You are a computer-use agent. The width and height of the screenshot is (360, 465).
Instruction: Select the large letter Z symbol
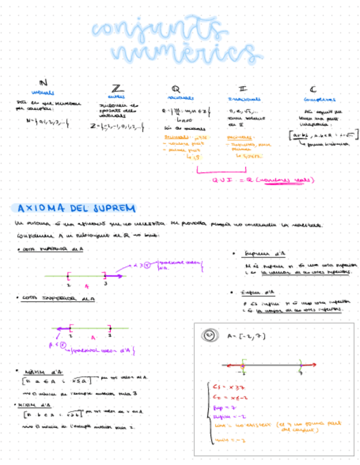[117, 88]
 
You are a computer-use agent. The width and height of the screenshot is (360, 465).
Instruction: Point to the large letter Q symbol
[176, 88]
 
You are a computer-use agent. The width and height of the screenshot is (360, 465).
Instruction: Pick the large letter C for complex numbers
[313, 89]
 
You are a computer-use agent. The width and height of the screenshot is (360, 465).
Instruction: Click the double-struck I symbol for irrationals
[243, 88]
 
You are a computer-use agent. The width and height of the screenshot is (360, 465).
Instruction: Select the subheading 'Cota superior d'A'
[51, 249]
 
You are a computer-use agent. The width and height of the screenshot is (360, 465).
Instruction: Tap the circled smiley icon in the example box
[210, 335]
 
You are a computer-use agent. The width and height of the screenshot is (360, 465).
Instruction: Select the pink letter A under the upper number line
[86, 286]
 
